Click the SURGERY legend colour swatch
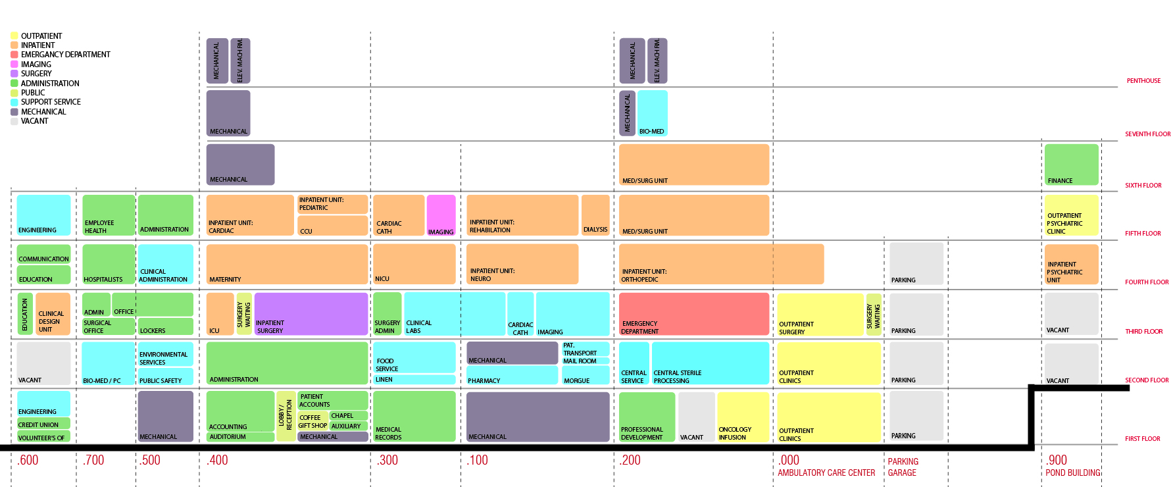point(14,74)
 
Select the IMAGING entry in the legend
point(36,64)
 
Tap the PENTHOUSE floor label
point(1143,81)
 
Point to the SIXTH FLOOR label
point(1143,186)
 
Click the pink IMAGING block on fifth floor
point(441,215)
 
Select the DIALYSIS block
point(595,215)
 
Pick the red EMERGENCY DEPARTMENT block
point(693,314)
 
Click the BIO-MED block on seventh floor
point(653,113)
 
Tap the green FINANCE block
point(1071,165)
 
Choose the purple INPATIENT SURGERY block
point(311,314)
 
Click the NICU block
point(414,264)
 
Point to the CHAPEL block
point(348,416)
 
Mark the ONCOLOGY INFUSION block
point(743,417)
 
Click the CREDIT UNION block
point(43,424)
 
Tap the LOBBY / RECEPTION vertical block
point(286,416)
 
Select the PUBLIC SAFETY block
point(165,376)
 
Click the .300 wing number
point(387,460)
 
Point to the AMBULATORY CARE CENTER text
point(826,473)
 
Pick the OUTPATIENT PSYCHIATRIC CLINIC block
point(1071,215)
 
